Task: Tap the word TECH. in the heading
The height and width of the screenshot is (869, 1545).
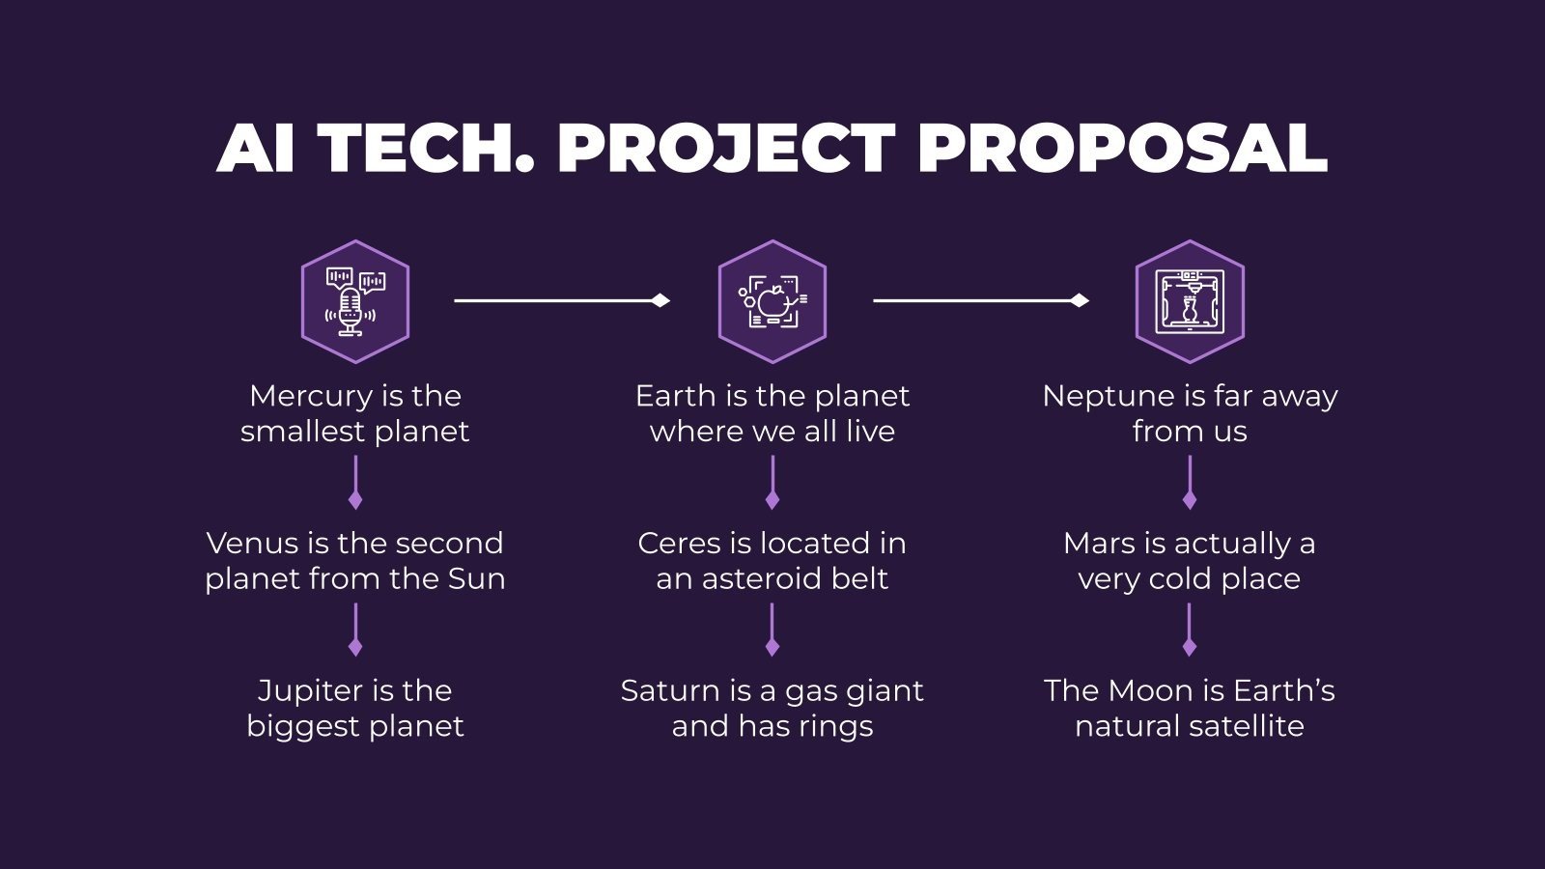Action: click(x=426, y=149)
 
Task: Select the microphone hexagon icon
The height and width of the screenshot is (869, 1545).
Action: click(x=354, y=301)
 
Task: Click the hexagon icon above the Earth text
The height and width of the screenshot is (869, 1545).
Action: click(x=772, y=301)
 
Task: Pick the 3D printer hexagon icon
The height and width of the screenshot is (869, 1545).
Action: click(x=1189, y=301)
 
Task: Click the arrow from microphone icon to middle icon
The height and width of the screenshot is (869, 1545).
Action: click(x=561, y=301)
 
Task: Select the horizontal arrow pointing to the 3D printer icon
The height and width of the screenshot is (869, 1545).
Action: click(x=980, y=301)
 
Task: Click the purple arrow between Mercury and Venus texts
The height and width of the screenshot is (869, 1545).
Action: click(x=354, y=482)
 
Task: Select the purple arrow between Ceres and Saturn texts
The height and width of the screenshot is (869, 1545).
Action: click(x=772, y=630)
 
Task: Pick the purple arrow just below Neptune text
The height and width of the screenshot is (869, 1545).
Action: click(x=1189, y=482)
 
